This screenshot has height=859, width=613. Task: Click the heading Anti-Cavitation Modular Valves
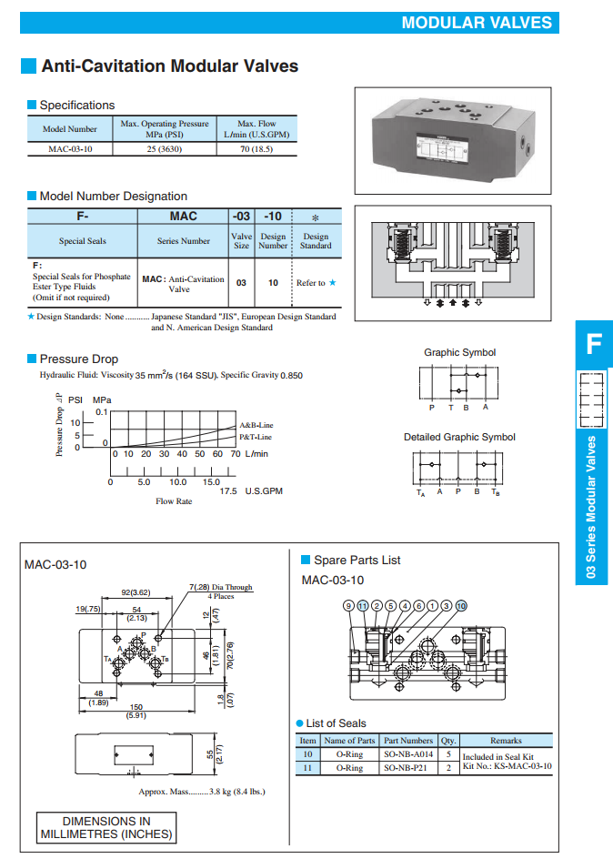(x=170, y=66)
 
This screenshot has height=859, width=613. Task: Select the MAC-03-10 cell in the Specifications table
(x=70, y=148)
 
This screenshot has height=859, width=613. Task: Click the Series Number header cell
(x=183, y=241)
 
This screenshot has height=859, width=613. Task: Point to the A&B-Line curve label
(x=256, y=425)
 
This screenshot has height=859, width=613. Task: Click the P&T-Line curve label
(x=256, y=437)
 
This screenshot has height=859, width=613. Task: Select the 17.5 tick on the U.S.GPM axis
(x=227, y=490)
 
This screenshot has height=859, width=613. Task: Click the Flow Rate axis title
(x=174, y=501)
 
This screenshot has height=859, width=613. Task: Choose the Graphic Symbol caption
(x=459, y=352)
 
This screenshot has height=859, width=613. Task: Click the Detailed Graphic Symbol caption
(x=459, y=437)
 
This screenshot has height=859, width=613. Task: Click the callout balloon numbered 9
(x=347, y=605)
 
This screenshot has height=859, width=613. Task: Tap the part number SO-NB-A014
(x=408, y=754)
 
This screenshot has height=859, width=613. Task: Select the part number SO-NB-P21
(x=408, y=768)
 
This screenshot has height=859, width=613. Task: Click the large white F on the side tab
(x=593, y=344)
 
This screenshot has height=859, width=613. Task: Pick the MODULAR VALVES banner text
(x=477, y=23)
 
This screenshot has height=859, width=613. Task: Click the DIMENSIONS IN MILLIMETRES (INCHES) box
(x=106, y=827)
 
